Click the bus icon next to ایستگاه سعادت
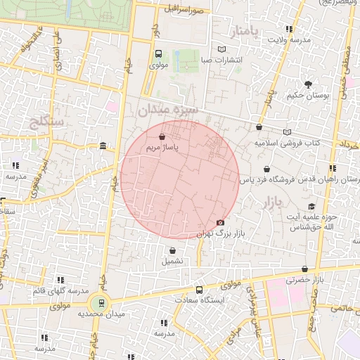click(x=200, y=289)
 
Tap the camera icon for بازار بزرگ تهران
click(x=220, y=222)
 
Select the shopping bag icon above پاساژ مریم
click(x=163, y=137)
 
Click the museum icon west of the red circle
click(x=103, y=146)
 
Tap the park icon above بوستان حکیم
click(x=308, y=84)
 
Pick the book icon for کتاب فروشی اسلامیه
click(x=286, y=131)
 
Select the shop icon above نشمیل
click(x=172, y=250)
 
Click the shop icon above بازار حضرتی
click(x=304, y=269)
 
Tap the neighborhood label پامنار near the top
click(x=245, y=31)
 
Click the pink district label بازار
click(x=272, y=204)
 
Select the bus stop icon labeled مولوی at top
click(x=158, y=53)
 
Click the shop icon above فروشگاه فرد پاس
click(x=266, y=169)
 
